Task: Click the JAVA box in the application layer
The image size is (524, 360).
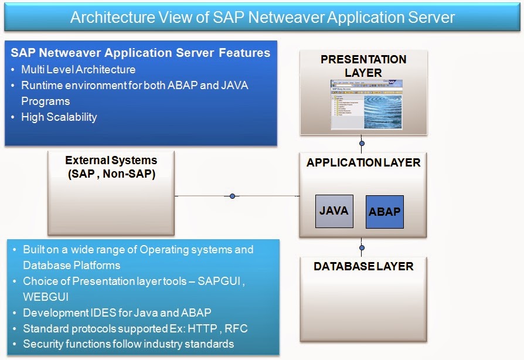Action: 334,211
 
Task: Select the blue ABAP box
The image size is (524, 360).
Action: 385,212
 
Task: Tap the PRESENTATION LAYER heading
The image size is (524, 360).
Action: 363,66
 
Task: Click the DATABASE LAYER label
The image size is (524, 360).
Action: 363,266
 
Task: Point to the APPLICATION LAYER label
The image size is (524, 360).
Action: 363,162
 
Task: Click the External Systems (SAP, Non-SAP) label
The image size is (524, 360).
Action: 111,167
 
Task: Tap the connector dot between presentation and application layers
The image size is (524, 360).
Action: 362,143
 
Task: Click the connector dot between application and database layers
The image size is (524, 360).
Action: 362,247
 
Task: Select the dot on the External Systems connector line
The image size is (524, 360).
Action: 233,196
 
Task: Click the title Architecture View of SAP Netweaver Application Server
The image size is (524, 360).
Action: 262,17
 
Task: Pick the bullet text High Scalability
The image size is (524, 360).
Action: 59,117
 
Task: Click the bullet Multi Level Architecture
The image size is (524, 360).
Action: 79,69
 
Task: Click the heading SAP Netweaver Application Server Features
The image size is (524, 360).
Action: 141,53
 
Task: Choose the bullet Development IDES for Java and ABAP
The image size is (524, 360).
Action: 117,313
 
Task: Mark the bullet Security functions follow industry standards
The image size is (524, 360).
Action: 128,344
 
